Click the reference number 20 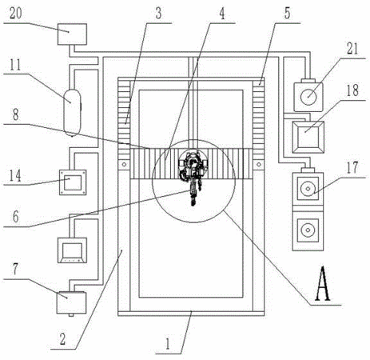point(15,14)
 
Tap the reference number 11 point(15,65)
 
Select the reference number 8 point(16,114)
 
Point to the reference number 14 point(15,176)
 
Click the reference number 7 point(15,270)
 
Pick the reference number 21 point(352,49)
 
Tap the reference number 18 point(352,90)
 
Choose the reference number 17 point(352,167)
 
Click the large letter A point(323,283)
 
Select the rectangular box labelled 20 point(72,34)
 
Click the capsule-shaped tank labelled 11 point(72,113)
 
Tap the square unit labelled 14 point(73,182)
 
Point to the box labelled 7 point(72,302)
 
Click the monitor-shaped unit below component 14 point(72,250)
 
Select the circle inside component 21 point(308,97)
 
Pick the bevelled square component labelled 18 point(308,137)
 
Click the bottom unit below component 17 point(308,231)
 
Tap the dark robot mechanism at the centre point(193,174)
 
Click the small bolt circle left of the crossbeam point(124,165)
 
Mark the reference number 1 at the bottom point(168,344)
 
